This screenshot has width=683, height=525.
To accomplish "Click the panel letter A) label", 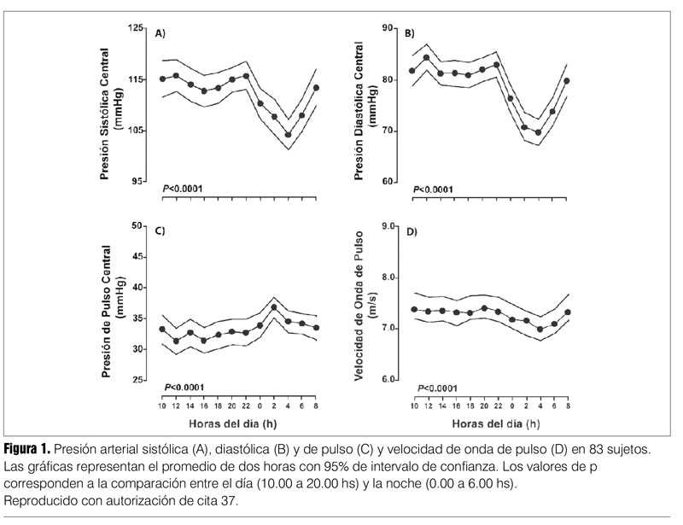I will [160, 34].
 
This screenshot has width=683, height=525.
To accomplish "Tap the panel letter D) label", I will [411, 231].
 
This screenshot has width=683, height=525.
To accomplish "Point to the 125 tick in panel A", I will [137, 28].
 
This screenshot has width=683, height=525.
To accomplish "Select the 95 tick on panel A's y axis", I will [139, 182].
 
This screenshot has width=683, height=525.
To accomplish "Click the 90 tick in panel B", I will [387, 28].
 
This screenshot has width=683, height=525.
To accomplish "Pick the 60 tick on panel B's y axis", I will [387, 182].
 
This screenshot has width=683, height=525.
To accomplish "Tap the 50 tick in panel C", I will [139, 225].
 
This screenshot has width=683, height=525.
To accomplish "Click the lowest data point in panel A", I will [289, 135].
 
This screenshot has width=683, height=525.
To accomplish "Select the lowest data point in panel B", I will [538, 132].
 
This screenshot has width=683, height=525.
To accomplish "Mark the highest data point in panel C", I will [274, 307].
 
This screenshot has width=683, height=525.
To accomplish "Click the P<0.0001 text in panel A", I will [183, 188].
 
